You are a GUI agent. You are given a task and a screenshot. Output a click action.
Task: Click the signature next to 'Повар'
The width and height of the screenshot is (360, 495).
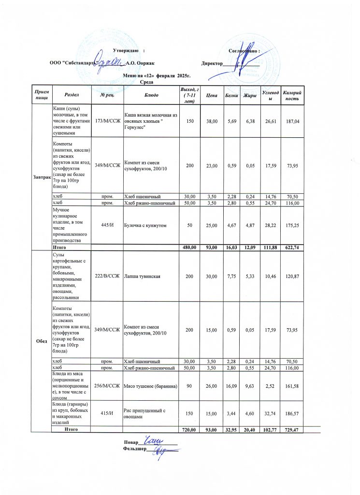pyautogui.click(x=155, y=441)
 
